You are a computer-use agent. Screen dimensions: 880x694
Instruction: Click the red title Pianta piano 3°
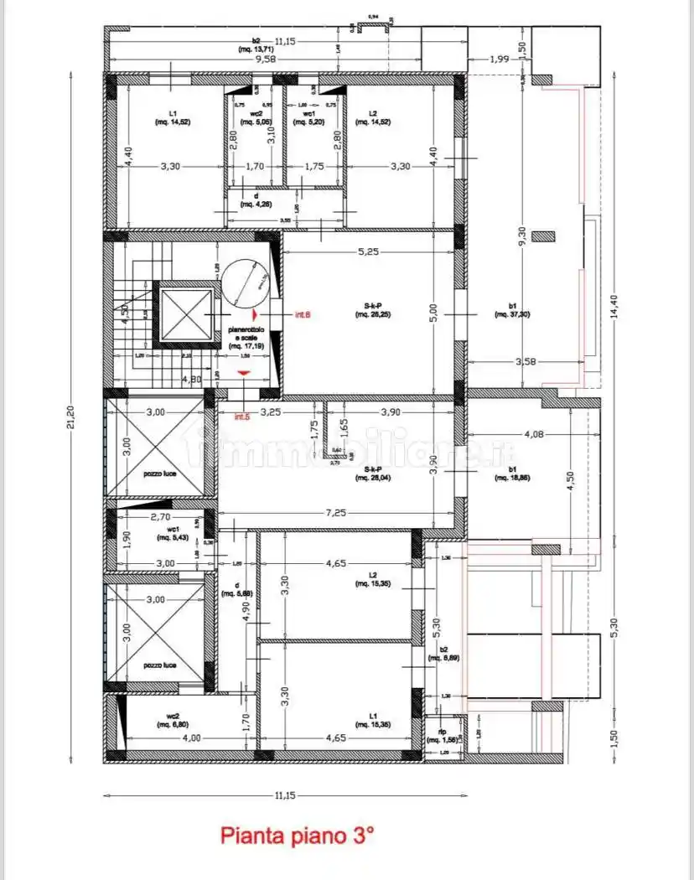(297, 836)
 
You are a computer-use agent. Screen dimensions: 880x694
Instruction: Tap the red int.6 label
(303, 315)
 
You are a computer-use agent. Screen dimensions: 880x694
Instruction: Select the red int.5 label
(242, 417)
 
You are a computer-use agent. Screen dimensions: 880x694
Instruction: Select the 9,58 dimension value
(266, 59)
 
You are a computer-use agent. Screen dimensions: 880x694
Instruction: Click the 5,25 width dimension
(370, 251)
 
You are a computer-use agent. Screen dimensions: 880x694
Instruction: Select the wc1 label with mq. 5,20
(308, 117)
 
